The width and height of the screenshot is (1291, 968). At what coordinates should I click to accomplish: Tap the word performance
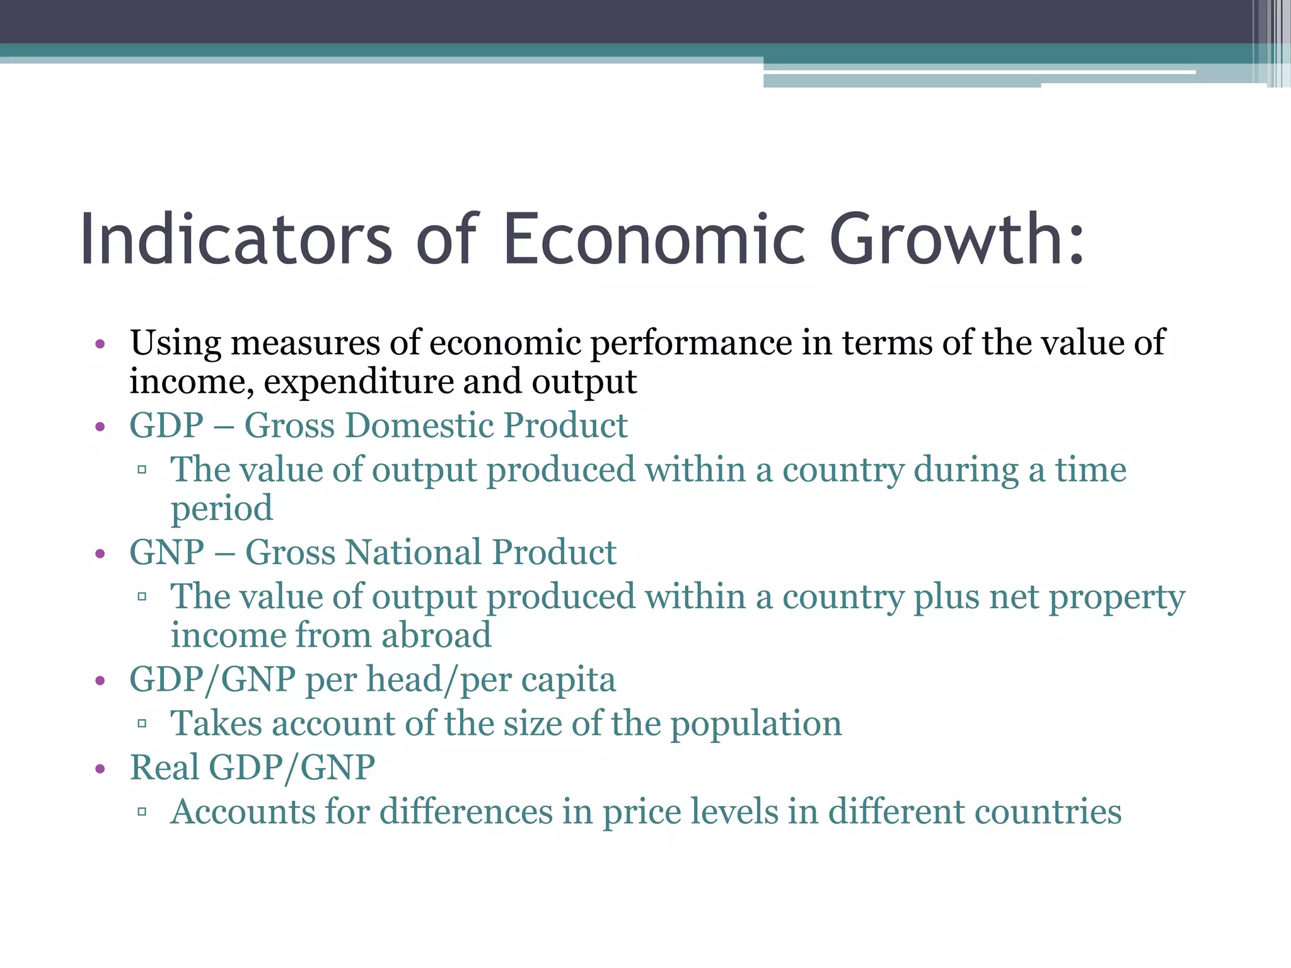(x=691, y=343)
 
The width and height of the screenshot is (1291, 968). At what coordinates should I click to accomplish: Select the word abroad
(x=436, y=635)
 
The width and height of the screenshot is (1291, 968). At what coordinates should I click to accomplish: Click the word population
(x=756, y=723)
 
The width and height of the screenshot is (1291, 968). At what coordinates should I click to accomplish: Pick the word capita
(x=568, y=680)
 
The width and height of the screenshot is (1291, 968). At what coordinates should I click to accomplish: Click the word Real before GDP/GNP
(x=165, y=768)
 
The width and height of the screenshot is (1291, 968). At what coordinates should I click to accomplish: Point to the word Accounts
(x=243, y=812)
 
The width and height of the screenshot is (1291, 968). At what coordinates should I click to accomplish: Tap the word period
(x=222, y=509)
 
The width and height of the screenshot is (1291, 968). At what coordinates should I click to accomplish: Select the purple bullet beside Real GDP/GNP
(x=100, y=769)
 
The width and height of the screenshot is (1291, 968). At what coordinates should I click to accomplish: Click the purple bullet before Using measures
(x=100, y=345)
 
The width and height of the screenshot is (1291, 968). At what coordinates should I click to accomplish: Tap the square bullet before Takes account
(x=142, y=724)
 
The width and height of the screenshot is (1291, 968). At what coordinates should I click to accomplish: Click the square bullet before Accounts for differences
(x=142, y=812)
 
